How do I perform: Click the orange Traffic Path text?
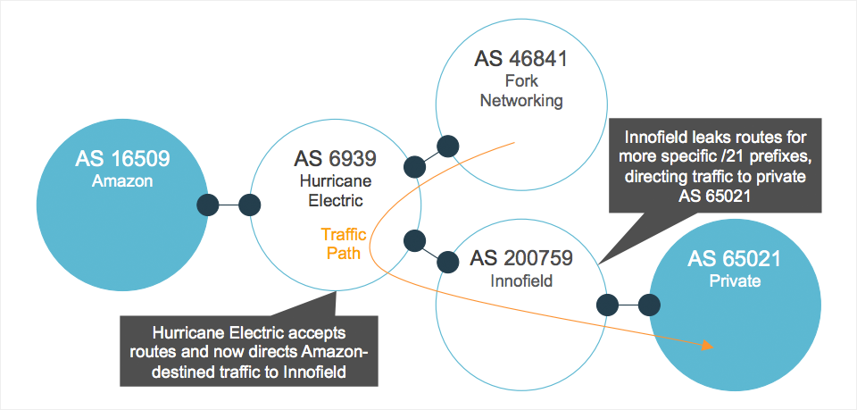pos(341,244)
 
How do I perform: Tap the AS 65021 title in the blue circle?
pos(735,259)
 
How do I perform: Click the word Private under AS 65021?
pos(735,281)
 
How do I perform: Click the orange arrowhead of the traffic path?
pos(707,344)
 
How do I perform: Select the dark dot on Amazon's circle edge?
pos(208,205)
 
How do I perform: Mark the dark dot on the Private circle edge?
pos(649,305)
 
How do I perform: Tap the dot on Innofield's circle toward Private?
pos(608,305)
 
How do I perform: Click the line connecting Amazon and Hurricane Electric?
pos(229,205)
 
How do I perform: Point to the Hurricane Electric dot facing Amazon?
pos(250,205)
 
